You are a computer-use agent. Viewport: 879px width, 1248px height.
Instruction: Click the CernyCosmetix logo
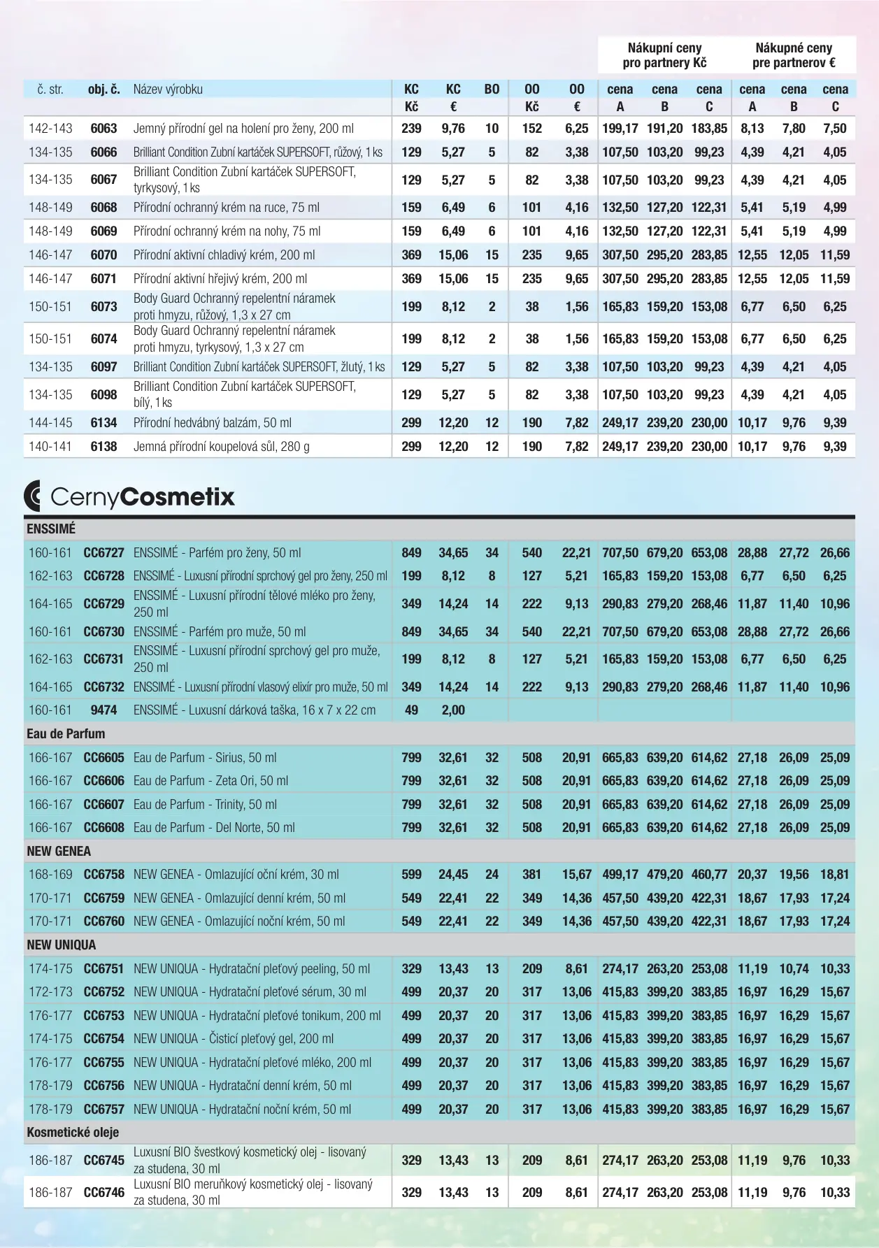tap(129, 496)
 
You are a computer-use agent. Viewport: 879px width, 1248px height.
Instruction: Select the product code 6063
tap(103, 129)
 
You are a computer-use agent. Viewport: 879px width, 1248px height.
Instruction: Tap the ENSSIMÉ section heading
tap(51, 529)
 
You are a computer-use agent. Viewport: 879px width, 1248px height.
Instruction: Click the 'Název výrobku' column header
tap(168, 89)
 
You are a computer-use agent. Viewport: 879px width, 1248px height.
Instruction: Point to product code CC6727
tap(103, 552)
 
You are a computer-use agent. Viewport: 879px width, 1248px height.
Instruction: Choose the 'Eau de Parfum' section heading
tap(66, 733)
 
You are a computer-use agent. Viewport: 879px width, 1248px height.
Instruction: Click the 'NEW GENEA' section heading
tap(59, 851)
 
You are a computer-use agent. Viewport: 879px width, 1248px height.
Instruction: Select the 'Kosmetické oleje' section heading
tap(73, 1132)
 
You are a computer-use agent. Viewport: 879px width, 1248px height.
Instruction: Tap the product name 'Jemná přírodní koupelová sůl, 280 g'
tap(221, 446)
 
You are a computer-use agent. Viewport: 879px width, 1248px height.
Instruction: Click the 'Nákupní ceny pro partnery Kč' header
tap(664, 55)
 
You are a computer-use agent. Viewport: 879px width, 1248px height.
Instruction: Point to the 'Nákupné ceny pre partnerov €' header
tap(794, 55)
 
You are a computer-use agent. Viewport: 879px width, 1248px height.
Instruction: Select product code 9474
tap(103, 710)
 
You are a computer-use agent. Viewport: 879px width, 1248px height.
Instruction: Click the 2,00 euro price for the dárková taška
tap(453, 710)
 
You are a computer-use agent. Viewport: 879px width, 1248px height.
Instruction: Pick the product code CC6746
tap(103, 1192)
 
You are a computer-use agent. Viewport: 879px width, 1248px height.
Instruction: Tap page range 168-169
tap(50, 874)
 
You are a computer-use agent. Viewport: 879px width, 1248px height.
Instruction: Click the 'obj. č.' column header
tap(103, 89)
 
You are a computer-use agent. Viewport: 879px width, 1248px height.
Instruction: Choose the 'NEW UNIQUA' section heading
tap(62, 945)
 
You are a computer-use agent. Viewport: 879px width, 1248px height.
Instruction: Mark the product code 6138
tap(103, 446)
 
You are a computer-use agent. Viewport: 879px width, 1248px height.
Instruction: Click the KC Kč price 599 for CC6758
tap(411, 874)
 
